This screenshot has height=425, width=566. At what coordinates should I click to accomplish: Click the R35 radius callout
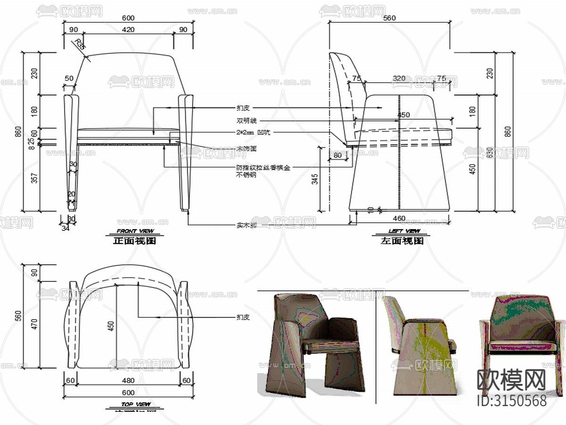click(x=80, y=45)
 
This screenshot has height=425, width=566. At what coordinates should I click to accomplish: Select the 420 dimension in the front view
click(x=128, y=30)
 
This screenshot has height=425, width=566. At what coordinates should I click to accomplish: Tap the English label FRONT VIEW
click(x=135, y=231)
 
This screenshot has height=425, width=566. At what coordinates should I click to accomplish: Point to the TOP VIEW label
click(x=135, y=404)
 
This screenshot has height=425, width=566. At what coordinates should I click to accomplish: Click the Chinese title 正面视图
click(x=135, y=241)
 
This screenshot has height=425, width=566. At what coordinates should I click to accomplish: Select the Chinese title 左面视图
click(x=402, y=241)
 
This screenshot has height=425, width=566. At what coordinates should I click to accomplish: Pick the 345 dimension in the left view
click(x=315, y=179)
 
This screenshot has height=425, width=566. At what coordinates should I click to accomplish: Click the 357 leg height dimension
click(x=33, y=178)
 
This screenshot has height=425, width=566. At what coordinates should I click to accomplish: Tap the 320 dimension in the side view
click(x=399, y=78)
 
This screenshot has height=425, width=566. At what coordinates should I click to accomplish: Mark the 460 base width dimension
click(x=399, y=218)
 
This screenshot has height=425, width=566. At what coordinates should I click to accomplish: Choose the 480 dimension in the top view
click(x=128, y=381)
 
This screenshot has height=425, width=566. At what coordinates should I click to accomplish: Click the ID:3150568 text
click(x=512, y=401)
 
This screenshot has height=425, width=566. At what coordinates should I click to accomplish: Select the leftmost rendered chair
click(x=311, y=342)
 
